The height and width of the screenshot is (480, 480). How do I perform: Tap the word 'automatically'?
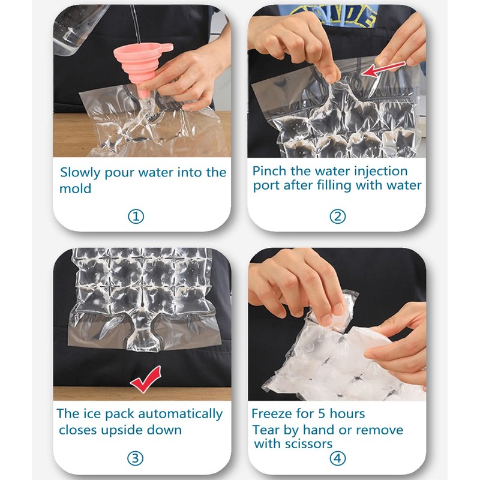181,414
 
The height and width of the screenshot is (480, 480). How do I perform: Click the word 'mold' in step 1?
75,188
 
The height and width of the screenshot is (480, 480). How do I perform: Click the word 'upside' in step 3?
130,430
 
